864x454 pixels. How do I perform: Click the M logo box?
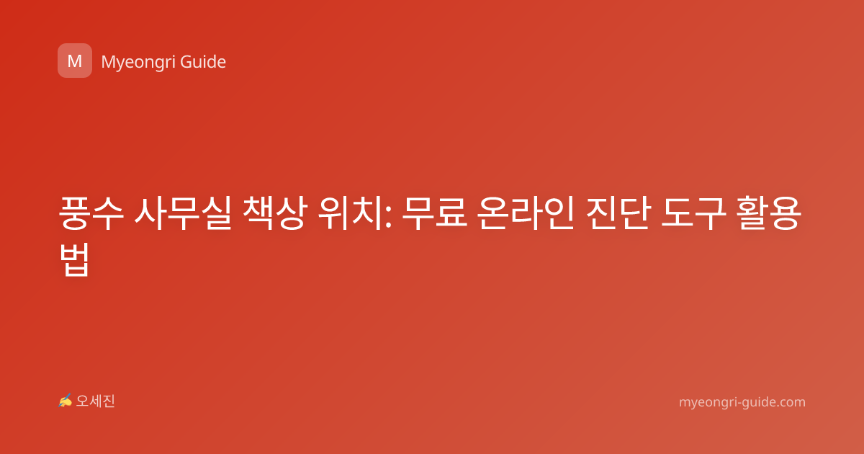tap(75, 61)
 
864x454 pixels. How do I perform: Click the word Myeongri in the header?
tap(138, 62)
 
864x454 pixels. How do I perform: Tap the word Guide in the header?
tap(203, 61)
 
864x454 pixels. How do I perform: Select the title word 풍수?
tap(91, 213)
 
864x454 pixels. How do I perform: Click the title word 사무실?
tap(183, 213)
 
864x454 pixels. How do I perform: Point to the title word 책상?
tap(275, 213)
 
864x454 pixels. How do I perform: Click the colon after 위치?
tap(388, 216)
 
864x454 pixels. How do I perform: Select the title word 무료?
tap(435, 213)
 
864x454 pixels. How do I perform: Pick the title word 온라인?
tap(526, 213)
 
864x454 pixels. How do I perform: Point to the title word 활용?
tap(769, 213)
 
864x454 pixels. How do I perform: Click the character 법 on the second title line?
tap(75, 259)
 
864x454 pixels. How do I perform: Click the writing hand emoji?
tap(65, 401)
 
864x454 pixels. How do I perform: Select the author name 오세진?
tap(95, 401)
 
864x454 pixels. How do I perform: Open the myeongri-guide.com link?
tap(742, 402)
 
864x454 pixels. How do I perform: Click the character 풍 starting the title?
tap(75, 213)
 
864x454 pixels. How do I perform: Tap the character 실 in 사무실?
tap(216, 213)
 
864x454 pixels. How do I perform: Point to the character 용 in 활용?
tap(786, 213)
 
